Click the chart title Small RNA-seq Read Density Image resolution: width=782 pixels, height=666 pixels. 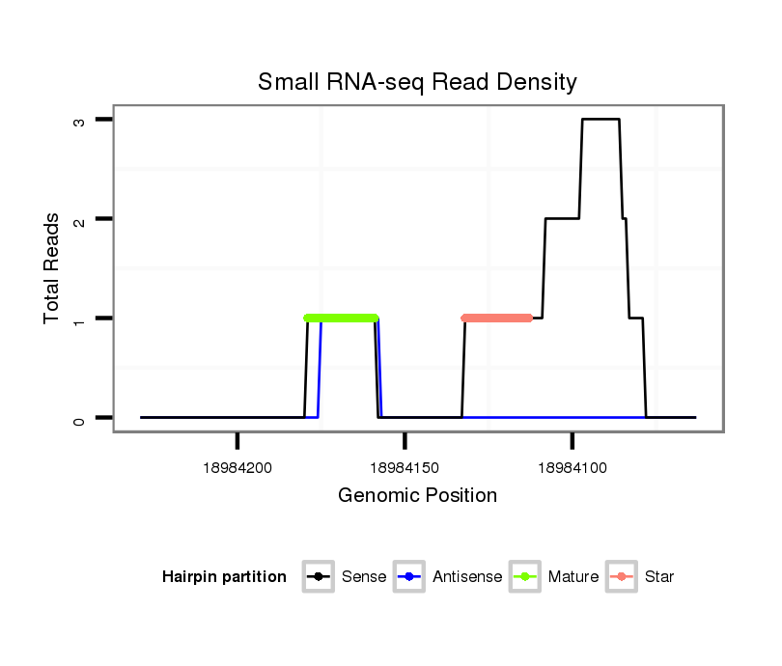click(417, 82)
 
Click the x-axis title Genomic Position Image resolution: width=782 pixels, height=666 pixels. click(417, 496)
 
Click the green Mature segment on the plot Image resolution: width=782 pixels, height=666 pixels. click(341, 318)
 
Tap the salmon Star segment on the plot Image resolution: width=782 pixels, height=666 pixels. click(497, 318)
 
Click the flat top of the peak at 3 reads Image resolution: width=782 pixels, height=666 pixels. click(600, 120)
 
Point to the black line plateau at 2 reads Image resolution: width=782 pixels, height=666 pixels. click(562, 219)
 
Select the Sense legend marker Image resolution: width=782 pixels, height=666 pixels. click(319, 577)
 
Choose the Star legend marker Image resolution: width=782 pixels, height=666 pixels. click(622, 577)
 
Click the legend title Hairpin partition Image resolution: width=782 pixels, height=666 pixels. click(224, 577)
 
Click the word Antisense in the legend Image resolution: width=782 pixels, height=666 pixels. click(468, 577)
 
